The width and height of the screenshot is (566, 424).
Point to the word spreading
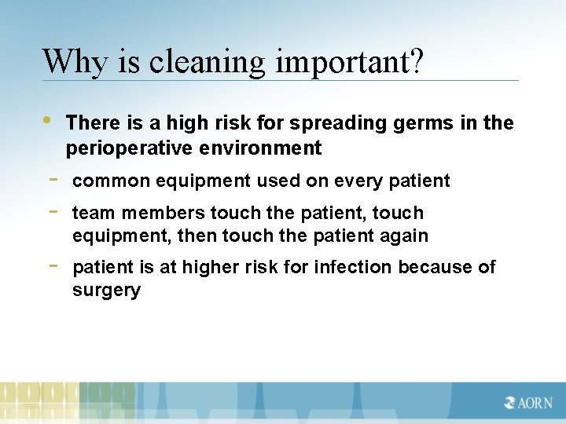coord(333,122)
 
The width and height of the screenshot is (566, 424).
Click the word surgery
coord(106,291)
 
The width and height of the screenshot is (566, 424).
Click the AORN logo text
coord(528,403)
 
